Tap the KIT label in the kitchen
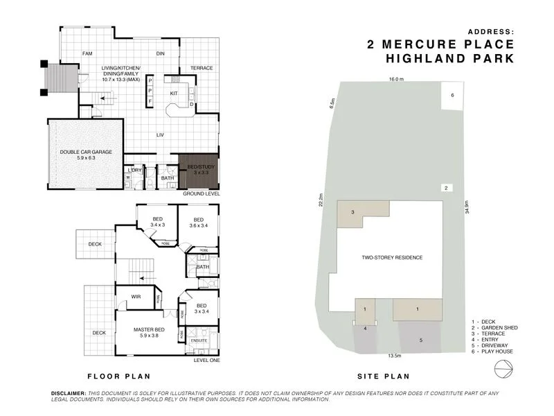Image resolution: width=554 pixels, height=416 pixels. (x=175, y=93)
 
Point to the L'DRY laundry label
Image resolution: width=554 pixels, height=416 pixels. (x=135, y=170)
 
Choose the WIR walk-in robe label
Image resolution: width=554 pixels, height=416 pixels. (x=137, y=297)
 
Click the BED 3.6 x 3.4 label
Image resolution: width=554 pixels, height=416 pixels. (x=198, y=222)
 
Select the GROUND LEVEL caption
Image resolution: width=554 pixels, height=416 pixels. (x=202, y=194)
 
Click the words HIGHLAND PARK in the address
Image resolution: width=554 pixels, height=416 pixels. (x=450, y=59)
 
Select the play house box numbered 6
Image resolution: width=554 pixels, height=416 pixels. (x=452, y=96)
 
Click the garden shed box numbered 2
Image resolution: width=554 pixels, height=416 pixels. (x=447, y=188)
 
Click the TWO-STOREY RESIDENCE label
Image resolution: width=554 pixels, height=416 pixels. (x=392, y=257)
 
